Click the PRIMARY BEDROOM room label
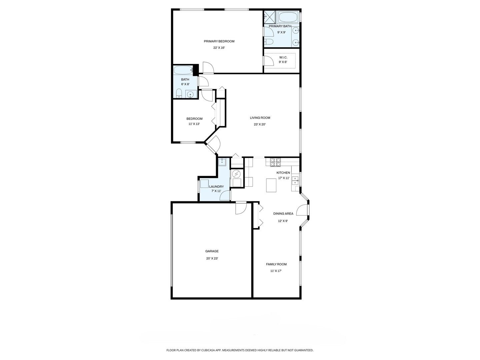coord(219,41)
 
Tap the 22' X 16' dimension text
coord(219,48)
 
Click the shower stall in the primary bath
coord(270,16)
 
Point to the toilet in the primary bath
coord(269,42)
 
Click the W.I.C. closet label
coord(283,57)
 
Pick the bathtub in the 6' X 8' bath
coord(183,70)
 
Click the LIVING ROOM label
coord(260,118)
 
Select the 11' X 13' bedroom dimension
coord(194,124)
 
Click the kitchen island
coord(271,185)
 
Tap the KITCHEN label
coord(283,173)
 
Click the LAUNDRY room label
coord(216,187)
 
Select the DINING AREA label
coord(283,214)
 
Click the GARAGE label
coord(212,251)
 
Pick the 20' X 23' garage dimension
coord(212,258)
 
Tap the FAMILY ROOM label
coord(276,264)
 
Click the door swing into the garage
coord(241,209)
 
